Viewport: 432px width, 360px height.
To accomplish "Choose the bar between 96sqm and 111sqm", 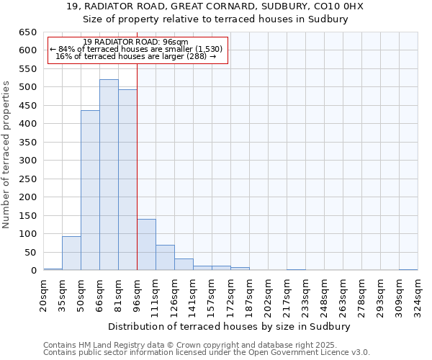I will [x=146, y=245].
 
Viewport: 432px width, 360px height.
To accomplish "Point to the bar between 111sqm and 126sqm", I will [x=165, y=258].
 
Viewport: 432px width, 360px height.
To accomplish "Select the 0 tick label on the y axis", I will [x=33, y=271].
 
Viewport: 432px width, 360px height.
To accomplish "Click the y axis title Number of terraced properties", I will [x=7, y=154].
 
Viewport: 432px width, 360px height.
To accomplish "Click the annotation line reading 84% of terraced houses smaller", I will [x=136, y=49].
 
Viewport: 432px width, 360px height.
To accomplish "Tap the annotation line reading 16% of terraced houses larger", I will [x=136, y=56].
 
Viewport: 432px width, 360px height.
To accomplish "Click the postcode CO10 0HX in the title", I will [x=339, y=6].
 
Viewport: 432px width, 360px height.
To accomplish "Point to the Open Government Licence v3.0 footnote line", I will [x=207, y=352].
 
